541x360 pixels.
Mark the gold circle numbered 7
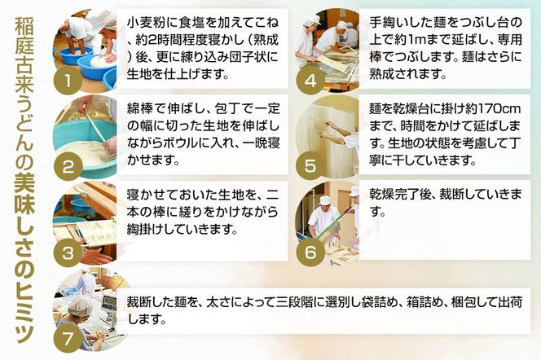[x=69, y=333]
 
